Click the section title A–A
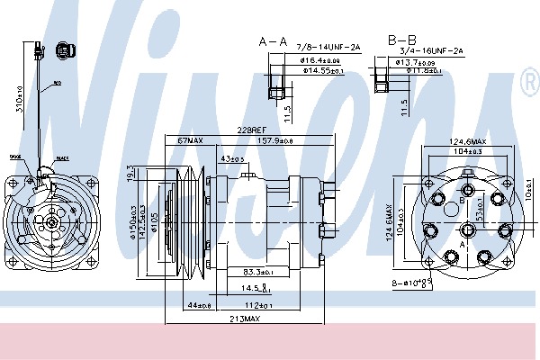click(273, 41)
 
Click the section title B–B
click(401, 40)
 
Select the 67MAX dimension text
click(191, 141)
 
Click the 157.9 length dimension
click(276, 141)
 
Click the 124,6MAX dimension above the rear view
click(467, 141)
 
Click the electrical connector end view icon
click(63, 52)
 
